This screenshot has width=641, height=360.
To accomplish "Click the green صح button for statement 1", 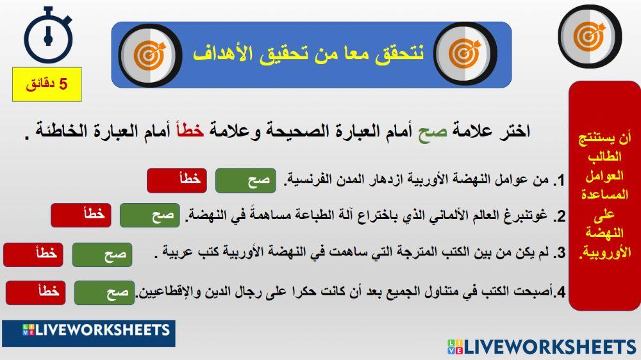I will (246, 181).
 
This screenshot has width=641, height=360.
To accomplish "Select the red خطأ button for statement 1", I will (177, 181).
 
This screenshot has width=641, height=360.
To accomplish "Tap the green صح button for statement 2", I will (150, 215).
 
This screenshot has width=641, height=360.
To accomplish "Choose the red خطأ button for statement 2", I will (81, 215).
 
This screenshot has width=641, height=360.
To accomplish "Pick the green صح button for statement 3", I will (102, 254).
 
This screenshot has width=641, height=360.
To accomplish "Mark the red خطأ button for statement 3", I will (33, 254).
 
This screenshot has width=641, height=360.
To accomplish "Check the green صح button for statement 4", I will (104, 293).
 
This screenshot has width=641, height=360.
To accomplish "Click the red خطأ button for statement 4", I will (36, 293).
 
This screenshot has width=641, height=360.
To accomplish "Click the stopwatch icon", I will (47, 35).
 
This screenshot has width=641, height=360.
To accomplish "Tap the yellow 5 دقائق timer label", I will (47, 84).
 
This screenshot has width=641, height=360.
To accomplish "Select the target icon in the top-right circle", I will (590, 37).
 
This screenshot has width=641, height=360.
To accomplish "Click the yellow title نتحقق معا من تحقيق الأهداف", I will (308, 54).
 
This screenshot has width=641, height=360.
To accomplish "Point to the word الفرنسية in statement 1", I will (308, 181).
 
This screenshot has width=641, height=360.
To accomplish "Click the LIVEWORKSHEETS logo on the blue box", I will (88, 331).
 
